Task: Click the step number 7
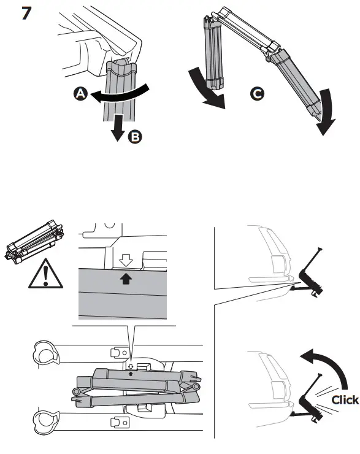[x=27, y=13]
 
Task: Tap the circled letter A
[x=79, y=94]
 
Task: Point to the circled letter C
[x=258, y=94]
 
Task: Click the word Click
[x=344, y=400]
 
